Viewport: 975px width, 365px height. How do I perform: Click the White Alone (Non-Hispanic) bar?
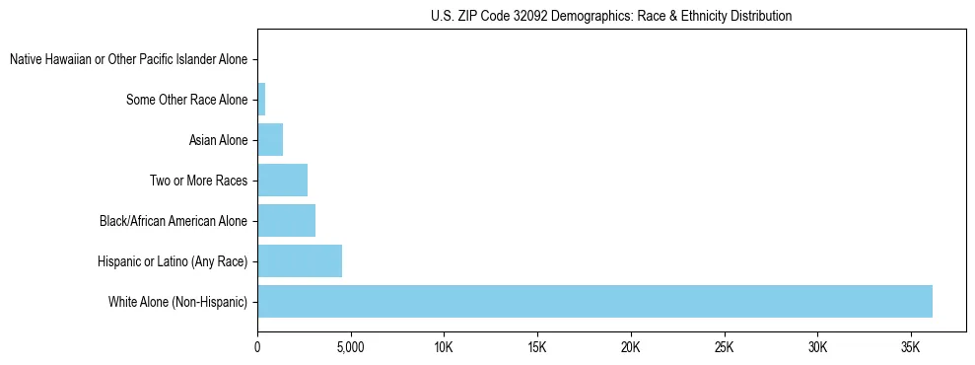tap(594, 301)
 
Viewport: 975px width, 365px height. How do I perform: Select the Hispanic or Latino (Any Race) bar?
tap(300, 260)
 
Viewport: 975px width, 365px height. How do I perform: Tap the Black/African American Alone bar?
tap(286, 220)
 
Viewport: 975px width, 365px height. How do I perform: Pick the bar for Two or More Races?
tap(282, 181)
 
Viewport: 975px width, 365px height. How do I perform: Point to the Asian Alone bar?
tap(270, 140)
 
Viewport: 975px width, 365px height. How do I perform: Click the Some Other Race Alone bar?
tap(261, 100)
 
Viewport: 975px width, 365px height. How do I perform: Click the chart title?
tap(611, 16)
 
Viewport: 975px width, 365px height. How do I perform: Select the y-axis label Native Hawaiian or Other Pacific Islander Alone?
tap(128, 60)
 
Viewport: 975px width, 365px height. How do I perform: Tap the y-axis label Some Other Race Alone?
tap(187, 100)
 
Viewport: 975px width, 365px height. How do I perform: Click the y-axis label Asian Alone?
tap(219, 140)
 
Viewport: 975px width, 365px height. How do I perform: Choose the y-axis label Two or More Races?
tap(199, 181)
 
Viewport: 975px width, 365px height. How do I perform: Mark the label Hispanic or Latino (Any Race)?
tap(174, 260)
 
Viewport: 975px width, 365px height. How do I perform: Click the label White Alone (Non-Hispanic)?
tap(178, 301)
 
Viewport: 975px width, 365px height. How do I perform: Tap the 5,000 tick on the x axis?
tap(350, 347)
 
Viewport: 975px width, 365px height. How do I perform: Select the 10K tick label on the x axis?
tap(444, 347)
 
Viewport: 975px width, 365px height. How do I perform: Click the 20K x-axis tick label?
tap(631, 347)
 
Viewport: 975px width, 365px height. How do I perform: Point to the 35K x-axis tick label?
tap(911, 347)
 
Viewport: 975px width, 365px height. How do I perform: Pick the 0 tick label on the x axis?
tap(257, 347)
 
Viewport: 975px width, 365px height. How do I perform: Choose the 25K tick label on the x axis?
tap(725, 347)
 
